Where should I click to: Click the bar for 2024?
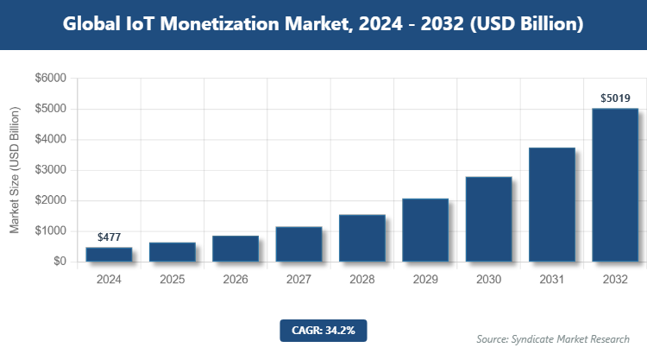click(x=109, y=255)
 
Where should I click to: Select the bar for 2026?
click(x=236, y=249)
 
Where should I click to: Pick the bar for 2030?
click(x=489, y=219)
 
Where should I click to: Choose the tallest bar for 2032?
click(x=615, y=185)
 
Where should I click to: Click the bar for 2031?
click(x=552, y=205)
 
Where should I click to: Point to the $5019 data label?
click(x=615, y=99)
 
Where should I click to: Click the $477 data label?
click(x=109, y=237)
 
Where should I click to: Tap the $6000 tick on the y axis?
click(x=50, y=79)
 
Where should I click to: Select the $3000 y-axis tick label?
click(x=50, y=170)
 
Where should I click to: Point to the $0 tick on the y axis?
click(x=59, y=262)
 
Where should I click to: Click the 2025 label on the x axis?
click(x=173, y=280)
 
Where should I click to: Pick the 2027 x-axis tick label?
click(x=298, y=280)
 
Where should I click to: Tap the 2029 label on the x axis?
click(x=425, y=280)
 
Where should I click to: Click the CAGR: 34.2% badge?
click(x=323, y=330)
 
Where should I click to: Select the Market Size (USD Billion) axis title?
click(x=15, y=170)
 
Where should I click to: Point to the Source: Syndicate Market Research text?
click(x=553, y=339)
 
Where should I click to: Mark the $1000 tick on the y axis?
click(x=50, y=231)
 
